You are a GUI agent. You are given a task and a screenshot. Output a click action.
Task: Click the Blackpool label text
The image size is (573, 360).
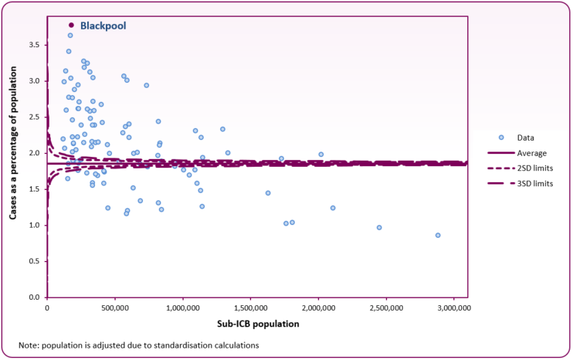(x=103, y=25)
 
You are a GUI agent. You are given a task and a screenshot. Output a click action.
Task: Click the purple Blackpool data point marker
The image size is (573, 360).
(x=72, y=25)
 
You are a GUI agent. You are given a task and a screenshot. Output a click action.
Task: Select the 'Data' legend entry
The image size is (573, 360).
(x=526, y=137)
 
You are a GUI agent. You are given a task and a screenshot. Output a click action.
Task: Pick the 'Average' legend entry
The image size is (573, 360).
(x=531, y=152)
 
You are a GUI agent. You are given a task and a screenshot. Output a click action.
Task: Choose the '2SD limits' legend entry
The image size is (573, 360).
(x=536, y=168)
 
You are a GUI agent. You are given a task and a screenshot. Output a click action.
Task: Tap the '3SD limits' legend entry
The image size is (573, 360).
(x=536, y=183)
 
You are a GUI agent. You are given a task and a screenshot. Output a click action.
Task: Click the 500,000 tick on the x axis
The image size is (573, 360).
(x=115, y=308)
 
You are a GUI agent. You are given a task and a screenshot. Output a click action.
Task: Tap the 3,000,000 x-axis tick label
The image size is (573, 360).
(x=454, y=308)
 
